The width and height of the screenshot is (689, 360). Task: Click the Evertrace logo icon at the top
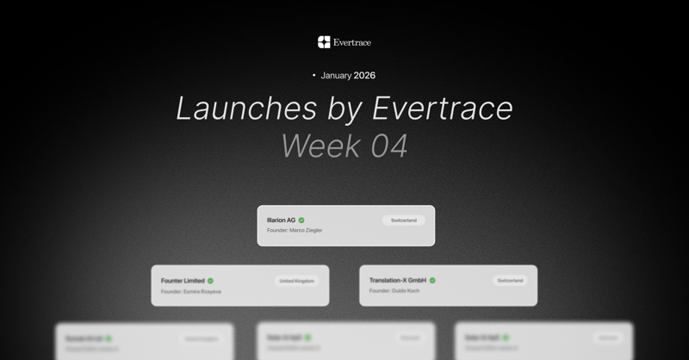324,42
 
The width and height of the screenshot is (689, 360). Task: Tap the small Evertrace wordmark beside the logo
351,42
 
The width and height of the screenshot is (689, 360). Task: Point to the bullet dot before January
313,76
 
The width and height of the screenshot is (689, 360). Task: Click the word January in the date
336,76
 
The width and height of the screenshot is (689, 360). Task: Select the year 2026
364,76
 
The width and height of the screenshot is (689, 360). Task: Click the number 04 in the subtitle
389,146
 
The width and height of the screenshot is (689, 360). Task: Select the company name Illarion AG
281,220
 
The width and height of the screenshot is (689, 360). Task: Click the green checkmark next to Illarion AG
301,220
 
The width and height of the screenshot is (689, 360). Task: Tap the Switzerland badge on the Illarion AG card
403,220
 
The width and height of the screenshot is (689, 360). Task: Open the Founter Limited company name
183,281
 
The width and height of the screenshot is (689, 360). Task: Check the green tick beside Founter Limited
210,281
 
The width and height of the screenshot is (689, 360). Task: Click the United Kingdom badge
296,281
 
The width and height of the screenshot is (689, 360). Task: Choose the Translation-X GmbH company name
398,281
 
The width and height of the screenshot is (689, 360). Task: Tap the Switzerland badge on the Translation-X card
510,281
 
